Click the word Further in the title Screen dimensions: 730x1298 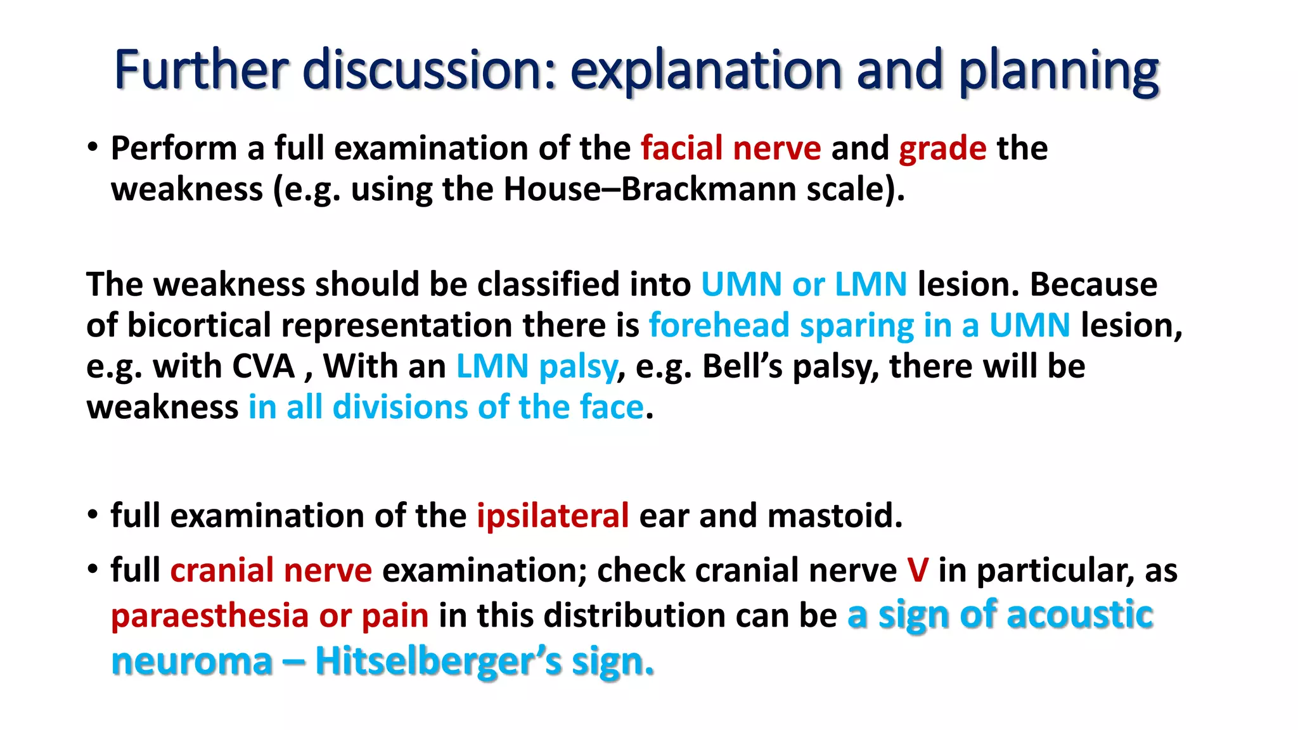point(201,70)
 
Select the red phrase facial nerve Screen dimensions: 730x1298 point(731,149)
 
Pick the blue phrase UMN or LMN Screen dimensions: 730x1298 point(804,285)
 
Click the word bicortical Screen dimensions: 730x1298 point(199,326)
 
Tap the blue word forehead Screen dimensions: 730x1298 point(719,326)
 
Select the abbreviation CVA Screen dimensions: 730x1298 point(264,367)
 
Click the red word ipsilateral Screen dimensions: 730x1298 point(553,516)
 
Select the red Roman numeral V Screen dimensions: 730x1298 point(917,570)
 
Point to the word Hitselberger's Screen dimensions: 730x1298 point(438,662)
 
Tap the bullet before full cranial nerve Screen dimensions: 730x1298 point(93,569)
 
